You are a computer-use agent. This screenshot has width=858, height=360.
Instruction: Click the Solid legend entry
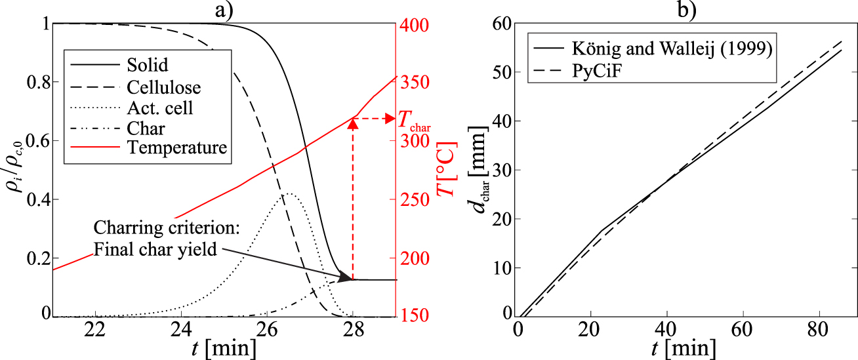(148, 65)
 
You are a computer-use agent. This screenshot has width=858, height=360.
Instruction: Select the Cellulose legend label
(165, 86)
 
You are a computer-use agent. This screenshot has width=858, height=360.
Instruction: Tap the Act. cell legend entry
(161, 107)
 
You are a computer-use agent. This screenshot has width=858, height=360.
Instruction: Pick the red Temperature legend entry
(177, 148)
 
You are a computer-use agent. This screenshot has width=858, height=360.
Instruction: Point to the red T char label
(415, 120)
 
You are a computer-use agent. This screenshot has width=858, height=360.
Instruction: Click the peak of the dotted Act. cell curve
(289, 193)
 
